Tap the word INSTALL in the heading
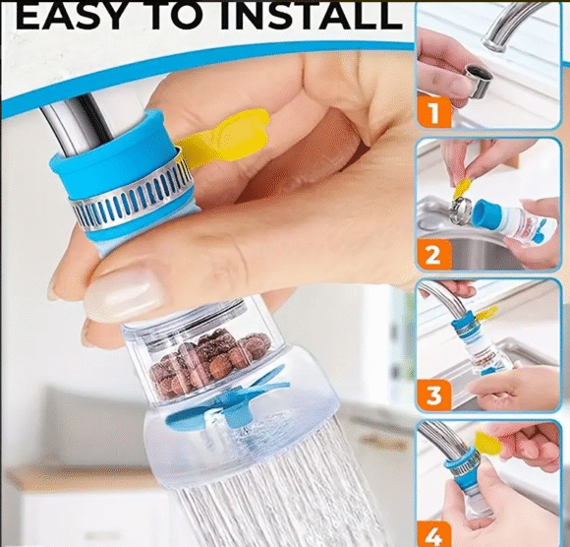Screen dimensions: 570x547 312,16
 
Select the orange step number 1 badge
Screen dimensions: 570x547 434,112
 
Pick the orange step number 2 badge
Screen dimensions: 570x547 434,255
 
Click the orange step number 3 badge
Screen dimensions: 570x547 434,395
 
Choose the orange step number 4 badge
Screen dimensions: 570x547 434,534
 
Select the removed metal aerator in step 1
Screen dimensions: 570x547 478,81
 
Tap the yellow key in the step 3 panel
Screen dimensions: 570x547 486,313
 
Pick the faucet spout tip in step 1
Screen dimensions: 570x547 495,42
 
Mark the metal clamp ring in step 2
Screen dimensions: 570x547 460,212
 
